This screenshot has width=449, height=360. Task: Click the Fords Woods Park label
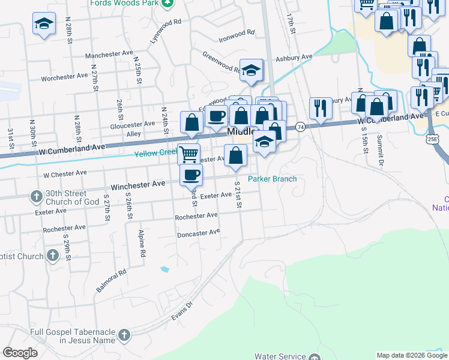pyautogui.click(x=124, y=4)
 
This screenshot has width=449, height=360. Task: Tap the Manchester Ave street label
pyautogui.click(x=109, y=54)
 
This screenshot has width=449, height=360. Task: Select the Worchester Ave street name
pyautogui.click(x=65, y=77)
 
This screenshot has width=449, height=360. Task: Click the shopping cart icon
pyautogui.click(x=189, y=154)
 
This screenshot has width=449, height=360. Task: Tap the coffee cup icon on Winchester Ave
pyautogui.click(x=191, y=175)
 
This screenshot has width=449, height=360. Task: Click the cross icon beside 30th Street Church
pyautogui.click(x=36, y=197)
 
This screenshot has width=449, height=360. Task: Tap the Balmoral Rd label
pyautogui.click(x=111, y=281)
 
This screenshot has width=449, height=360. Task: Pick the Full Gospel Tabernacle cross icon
pyautogui.click(x=124, y=335)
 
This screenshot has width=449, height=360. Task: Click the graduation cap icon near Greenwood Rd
pyautogui.click(x=252, y=69)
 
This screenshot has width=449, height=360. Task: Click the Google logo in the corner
pyautogui.click(x=20, y=353)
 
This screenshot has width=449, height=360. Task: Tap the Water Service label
pyautogui.click(x=280, y=356)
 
